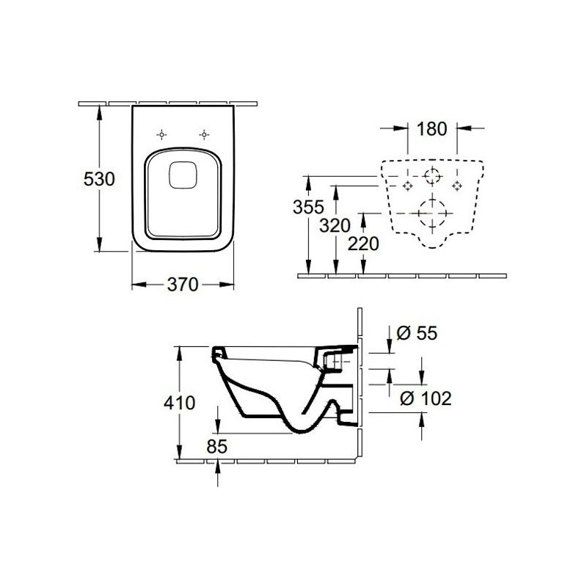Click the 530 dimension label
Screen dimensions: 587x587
pyautogui.click(x=99, y=179)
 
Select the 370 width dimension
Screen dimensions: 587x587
pyautogui.click(x=182, y=285)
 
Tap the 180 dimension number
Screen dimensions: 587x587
pyautogui.click(x=432, y=129)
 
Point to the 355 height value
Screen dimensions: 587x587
pyautogui.click(x=308, y=207)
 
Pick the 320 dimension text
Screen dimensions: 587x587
pyautogui.click(x=335, y=226)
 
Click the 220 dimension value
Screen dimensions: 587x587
pyautogui.click(x=363, y=244)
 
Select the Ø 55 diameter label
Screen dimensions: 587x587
pyautogui.click(x=417, y=333)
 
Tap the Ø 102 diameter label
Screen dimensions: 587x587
pyautogui.click(x=426, y=398)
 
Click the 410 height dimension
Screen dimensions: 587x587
pyautogui.click(x=179, y=403)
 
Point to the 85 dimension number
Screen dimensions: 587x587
pyautogui.click(x=216, y=446)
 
